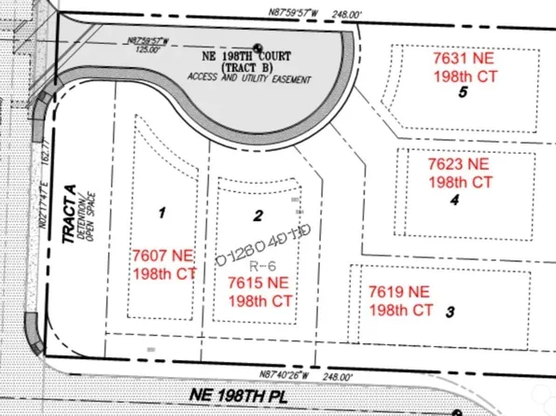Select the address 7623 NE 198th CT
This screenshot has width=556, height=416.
pos(459,172)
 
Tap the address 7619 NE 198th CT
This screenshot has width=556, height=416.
pos(401,299)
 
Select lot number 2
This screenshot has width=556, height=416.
pos(257,217)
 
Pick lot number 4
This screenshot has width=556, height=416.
pos(454,199)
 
